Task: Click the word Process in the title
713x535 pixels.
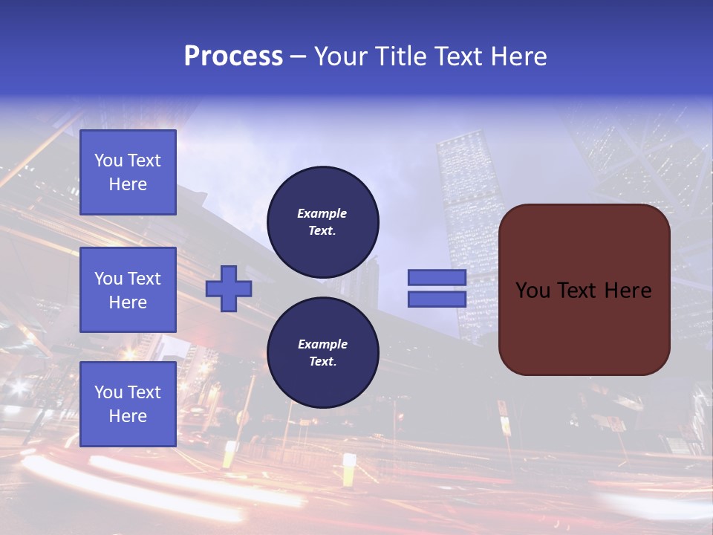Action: (233, 56)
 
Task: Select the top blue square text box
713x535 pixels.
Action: (128, 172)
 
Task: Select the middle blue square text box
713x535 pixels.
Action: (128, 290)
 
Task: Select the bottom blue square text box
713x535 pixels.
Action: (128, 404)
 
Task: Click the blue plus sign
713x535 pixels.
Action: (229, 288)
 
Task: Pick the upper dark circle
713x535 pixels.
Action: (323, 222)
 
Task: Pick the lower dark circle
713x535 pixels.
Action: (323, 353)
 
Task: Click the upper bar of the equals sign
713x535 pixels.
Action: (437, 278)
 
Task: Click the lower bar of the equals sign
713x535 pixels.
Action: (437, 299)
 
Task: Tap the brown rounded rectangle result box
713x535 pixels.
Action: (584, 327)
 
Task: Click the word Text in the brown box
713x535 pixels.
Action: (583, 291)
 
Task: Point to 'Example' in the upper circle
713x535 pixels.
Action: (322, 214)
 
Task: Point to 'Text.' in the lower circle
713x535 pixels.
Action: (322, 362)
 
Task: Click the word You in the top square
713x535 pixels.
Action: (108, 160)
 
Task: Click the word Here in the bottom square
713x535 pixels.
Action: (128, 416)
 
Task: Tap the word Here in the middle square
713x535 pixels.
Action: (128, 302)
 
